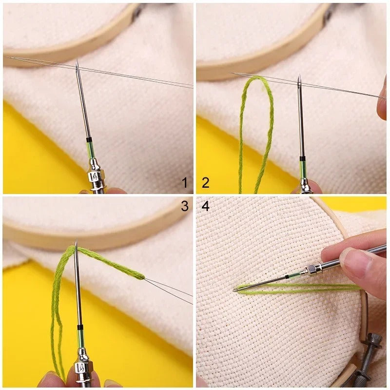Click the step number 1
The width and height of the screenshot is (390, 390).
[185, 183]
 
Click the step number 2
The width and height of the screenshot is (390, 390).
[205, 183]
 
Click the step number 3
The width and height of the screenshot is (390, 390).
[185, 206]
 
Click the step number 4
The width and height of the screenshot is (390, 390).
[205, 206]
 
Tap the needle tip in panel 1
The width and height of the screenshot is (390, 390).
[77, 62]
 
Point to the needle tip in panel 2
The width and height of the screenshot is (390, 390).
[299, 77]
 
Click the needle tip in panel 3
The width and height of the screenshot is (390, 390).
[76, 242]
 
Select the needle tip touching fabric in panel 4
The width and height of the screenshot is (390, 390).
[234, 290]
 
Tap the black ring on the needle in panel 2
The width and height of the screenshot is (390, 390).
[302, 159]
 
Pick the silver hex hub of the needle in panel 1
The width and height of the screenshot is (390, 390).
[94, 175]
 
